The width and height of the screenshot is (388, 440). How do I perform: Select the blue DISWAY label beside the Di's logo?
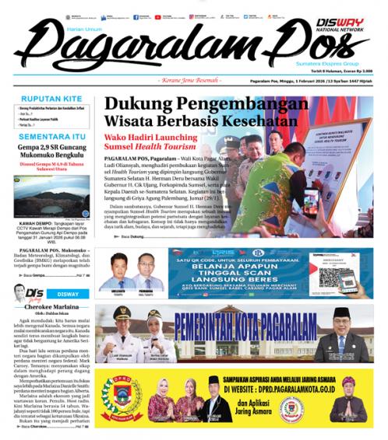pyautogui.click(x=68, y=294)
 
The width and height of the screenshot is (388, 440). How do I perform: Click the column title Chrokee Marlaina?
pyautogui.click(x=48, y=308)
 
